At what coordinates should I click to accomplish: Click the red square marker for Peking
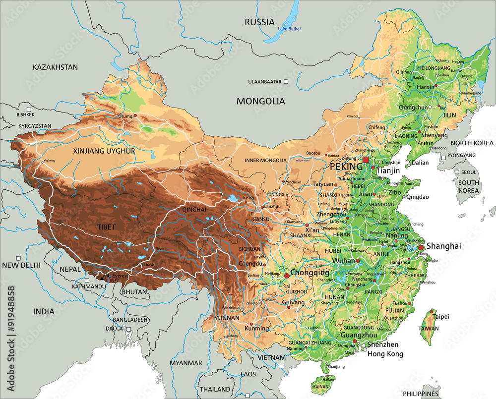coord(366,160)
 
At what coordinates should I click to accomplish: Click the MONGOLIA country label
coord(260,101)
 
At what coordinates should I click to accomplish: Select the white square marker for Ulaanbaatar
coord(286,81)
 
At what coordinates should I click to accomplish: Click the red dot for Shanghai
coord(421,247)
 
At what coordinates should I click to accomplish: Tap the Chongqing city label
coord(310,273)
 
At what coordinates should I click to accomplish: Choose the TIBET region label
coord(106,227)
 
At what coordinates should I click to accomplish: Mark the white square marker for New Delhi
coord(18,258)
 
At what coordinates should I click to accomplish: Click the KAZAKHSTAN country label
coord(56,67)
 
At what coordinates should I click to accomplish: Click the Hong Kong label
coord(385,354)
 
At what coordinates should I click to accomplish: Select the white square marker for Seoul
coord(457,171)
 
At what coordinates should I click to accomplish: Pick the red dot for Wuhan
coord(357,260)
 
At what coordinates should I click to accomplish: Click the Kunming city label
coord(256,328)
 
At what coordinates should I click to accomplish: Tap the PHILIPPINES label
coord(421,394)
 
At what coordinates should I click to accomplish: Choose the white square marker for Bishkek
coord(29,109)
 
